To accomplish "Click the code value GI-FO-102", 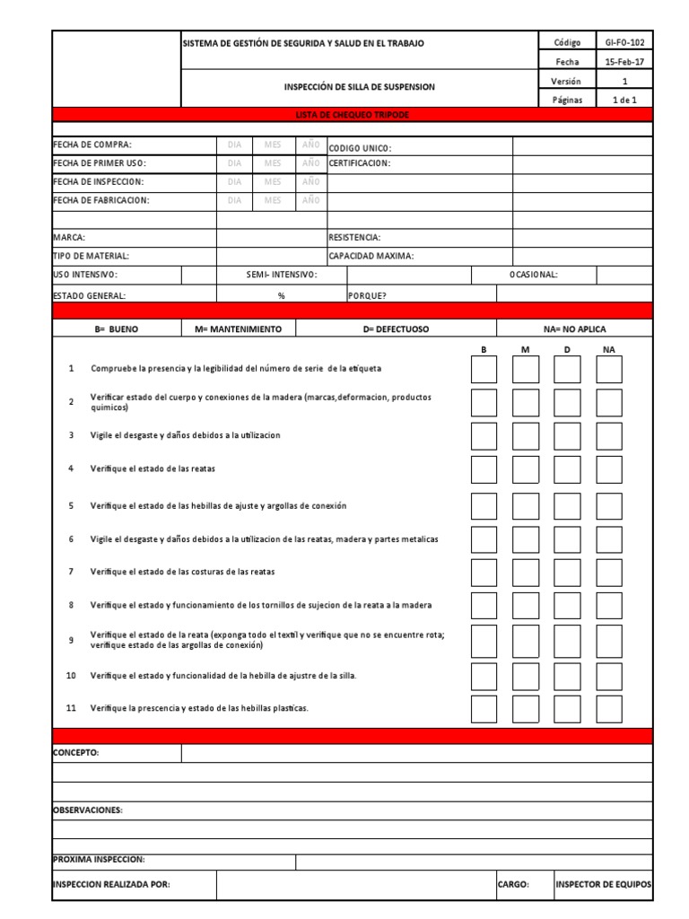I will coord(624,42).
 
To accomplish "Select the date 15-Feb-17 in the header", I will coord(624,62).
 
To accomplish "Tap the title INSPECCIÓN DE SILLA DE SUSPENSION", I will coord(359,87).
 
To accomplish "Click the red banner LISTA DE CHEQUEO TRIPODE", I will coord(353,115).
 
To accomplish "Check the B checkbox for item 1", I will coord(484,369).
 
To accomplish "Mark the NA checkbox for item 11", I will coord(609,708).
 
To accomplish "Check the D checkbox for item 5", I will coord(567,506).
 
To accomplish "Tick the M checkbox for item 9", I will coord(526,641).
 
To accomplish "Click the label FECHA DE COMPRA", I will coord(92,144).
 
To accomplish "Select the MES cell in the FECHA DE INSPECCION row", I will coord(272,182).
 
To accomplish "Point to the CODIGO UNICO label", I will coord(361,148).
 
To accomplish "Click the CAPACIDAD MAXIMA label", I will coord(371,257).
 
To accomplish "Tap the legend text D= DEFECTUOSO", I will coord(396,329).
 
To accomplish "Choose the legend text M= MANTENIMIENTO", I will coord(238,329).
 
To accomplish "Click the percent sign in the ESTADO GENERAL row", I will coord(281,295).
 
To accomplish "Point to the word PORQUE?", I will coord(367,295).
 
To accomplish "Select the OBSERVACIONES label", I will coord(88,810).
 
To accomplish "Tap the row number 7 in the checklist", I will coord(71,572).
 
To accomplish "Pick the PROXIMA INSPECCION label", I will coord(99,860).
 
